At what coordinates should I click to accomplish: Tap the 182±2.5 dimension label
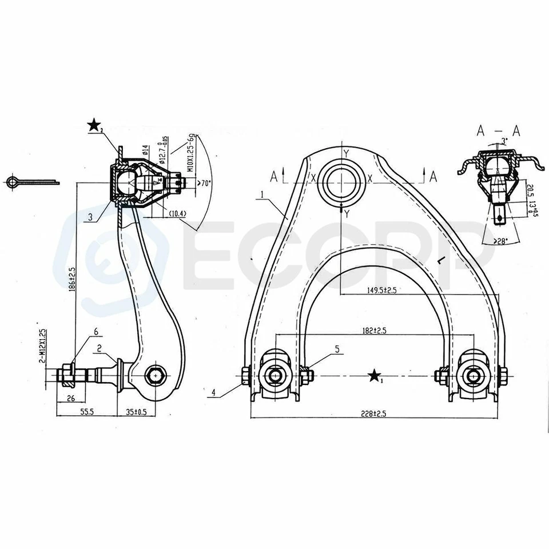(x=374, y=330)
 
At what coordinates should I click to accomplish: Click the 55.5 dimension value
(x=86, y=411)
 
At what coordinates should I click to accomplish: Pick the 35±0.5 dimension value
(x=136, y=411)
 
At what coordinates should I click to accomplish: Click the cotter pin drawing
(x=32, y=182)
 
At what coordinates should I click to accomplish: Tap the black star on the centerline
(x=375, y=376)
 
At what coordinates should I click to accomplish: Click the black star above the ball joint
(x=94, y=125)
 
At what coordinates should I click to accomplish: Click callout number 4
(x=213, y=393)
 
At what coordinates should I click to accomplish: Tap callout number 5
(x=337, y=348)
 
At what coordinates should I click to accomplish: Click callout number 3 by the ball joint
(x=90, y=217)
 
